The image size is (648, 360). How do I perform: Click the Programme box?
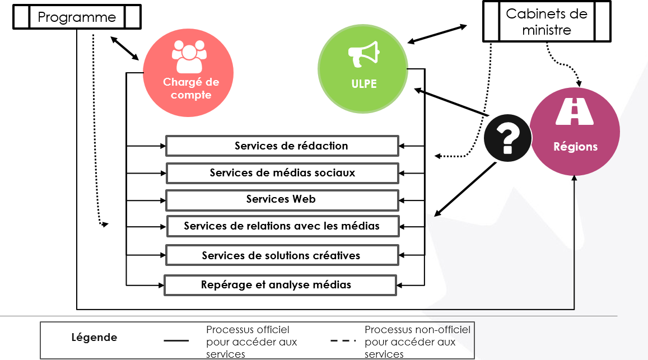tap(77, 17)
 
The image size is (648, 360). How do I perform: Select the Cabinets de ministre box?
tap(547, 22)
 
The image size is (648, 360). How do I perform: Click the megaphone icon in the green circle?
tap(363, 55)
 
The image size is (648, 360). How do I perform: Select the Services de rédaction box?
tap(282, 146)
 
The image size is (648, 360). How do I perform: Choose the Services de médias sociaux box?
tap(282, 173)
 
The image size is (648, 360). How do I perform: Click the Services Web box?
tap(282, 199)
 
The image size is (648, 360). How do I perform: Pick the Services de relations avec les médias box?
tap(283, 226)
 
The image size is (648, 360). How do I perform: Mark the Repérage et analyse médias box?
tap(280, 285)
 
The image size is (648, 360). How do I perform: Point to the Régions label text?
tap(575, 147)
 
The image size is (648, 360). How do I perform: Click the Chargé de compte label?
tap(191, 88)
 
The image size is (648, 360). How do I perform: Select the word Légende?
tap(94, 338)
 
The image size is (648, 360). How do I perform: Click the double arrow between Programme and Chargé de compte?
tap(124, 48)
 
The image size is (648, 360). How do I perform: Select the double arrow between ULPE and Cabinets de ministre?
tap(437, 34)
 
